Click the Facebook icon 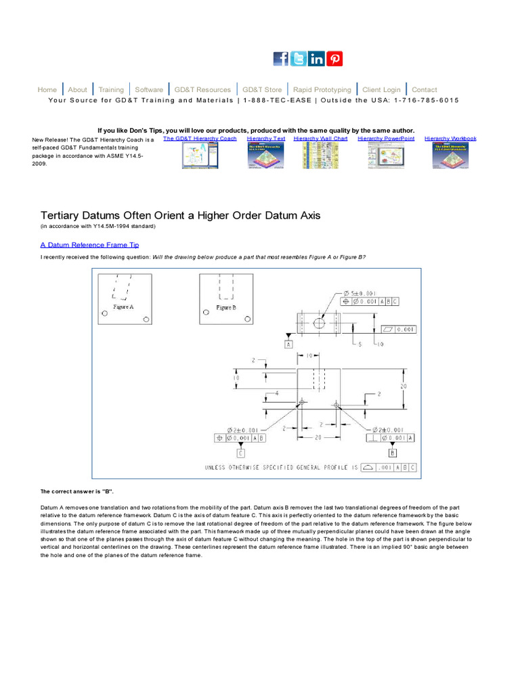tap(281, 59)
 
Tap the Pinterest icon tap(334, 59)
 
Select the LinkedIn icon tap(316, 59)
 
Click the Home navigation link tap(47, 89)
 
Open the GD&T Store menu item tap(262, 89)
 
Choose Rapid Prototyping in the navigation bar tap(322, 89)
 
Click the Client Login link tap(381, 89)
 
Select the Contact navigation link tap(425, 89)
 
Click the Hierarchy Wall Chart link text tap(321, 138)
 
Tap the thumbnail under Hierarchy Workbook tap(450, 156)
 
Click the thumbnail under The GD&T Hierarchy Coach tap(200, 156)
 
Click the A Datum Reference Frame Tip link tap(90, 245)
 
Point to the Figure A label tap(123, 307)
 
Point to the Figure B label tap(226, 307)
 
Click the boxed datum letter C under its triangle tap(241, 453)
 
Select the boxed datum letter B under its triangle tap(393, 453)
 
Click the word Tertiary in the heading tap(62, 215)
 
